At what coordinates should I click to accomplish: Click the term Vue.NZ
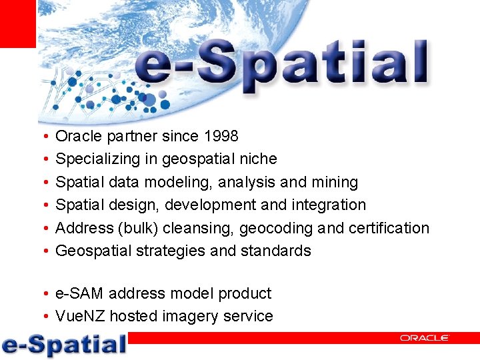pos(81,316)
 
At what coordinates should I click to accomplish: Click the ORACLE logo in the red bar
pos(425,338)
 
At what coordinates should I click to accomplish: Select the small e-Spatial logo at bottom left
pos(64,344)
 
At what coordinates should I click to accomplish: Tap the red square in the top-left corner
pos(17,23)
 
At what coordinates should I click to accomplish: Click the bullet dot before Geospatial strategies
pos(43,251)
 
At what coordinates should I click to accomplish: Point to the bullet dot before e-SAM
pos(43,294)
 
